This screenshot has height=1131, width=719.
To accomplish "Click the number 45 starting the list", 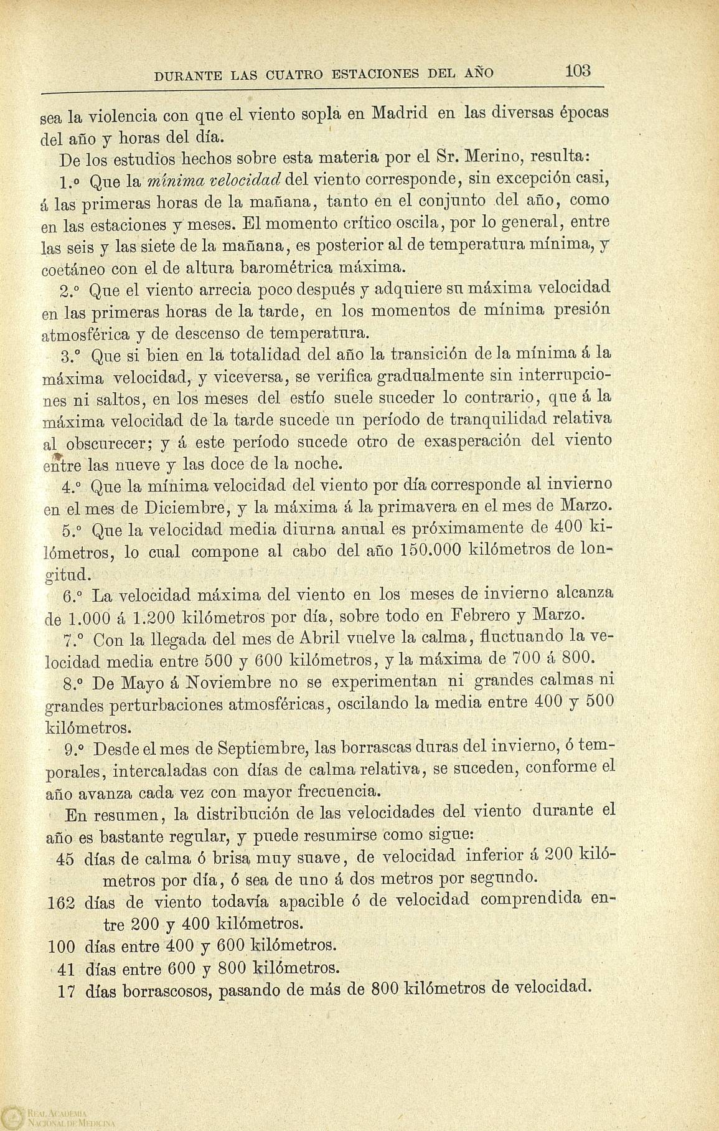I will point(65,859).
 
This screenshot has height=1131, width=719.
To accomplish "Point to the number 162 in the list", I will point(61,902).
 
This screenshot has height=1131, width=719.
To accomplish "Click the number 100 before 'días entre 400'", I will point(61,947).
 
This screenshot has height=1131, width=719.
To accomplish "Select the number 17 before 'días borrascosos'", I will point(66,990).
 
